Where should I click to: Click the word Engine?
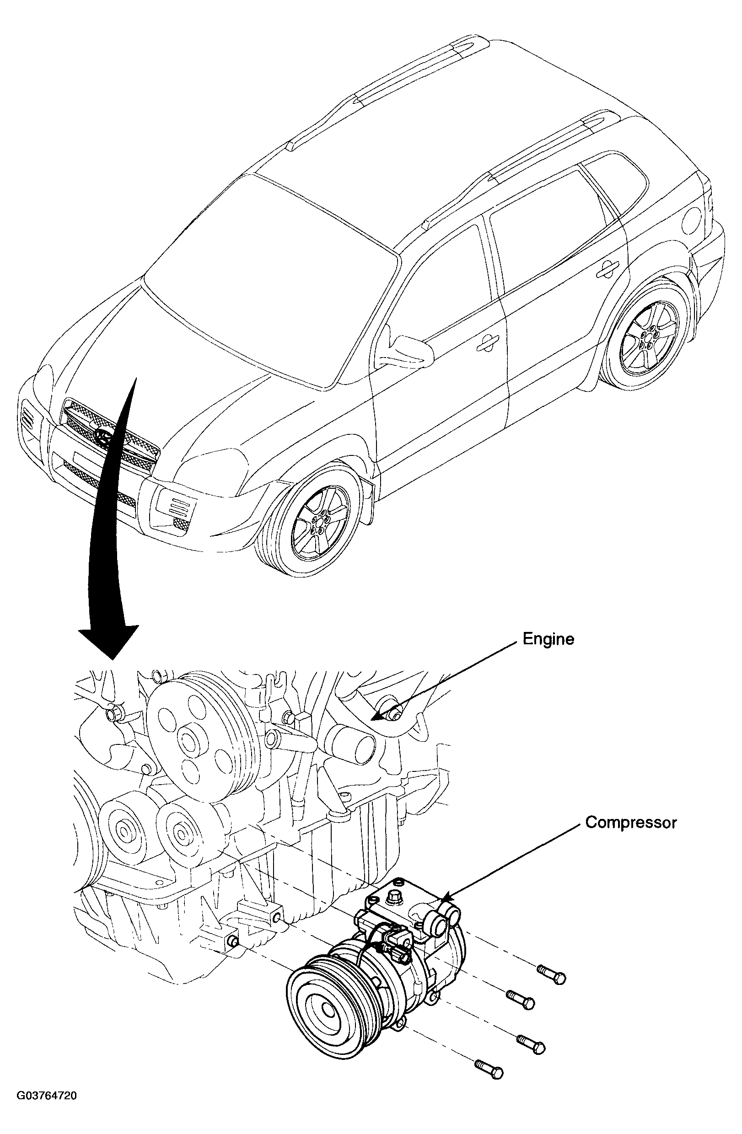tap(548, 639)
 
